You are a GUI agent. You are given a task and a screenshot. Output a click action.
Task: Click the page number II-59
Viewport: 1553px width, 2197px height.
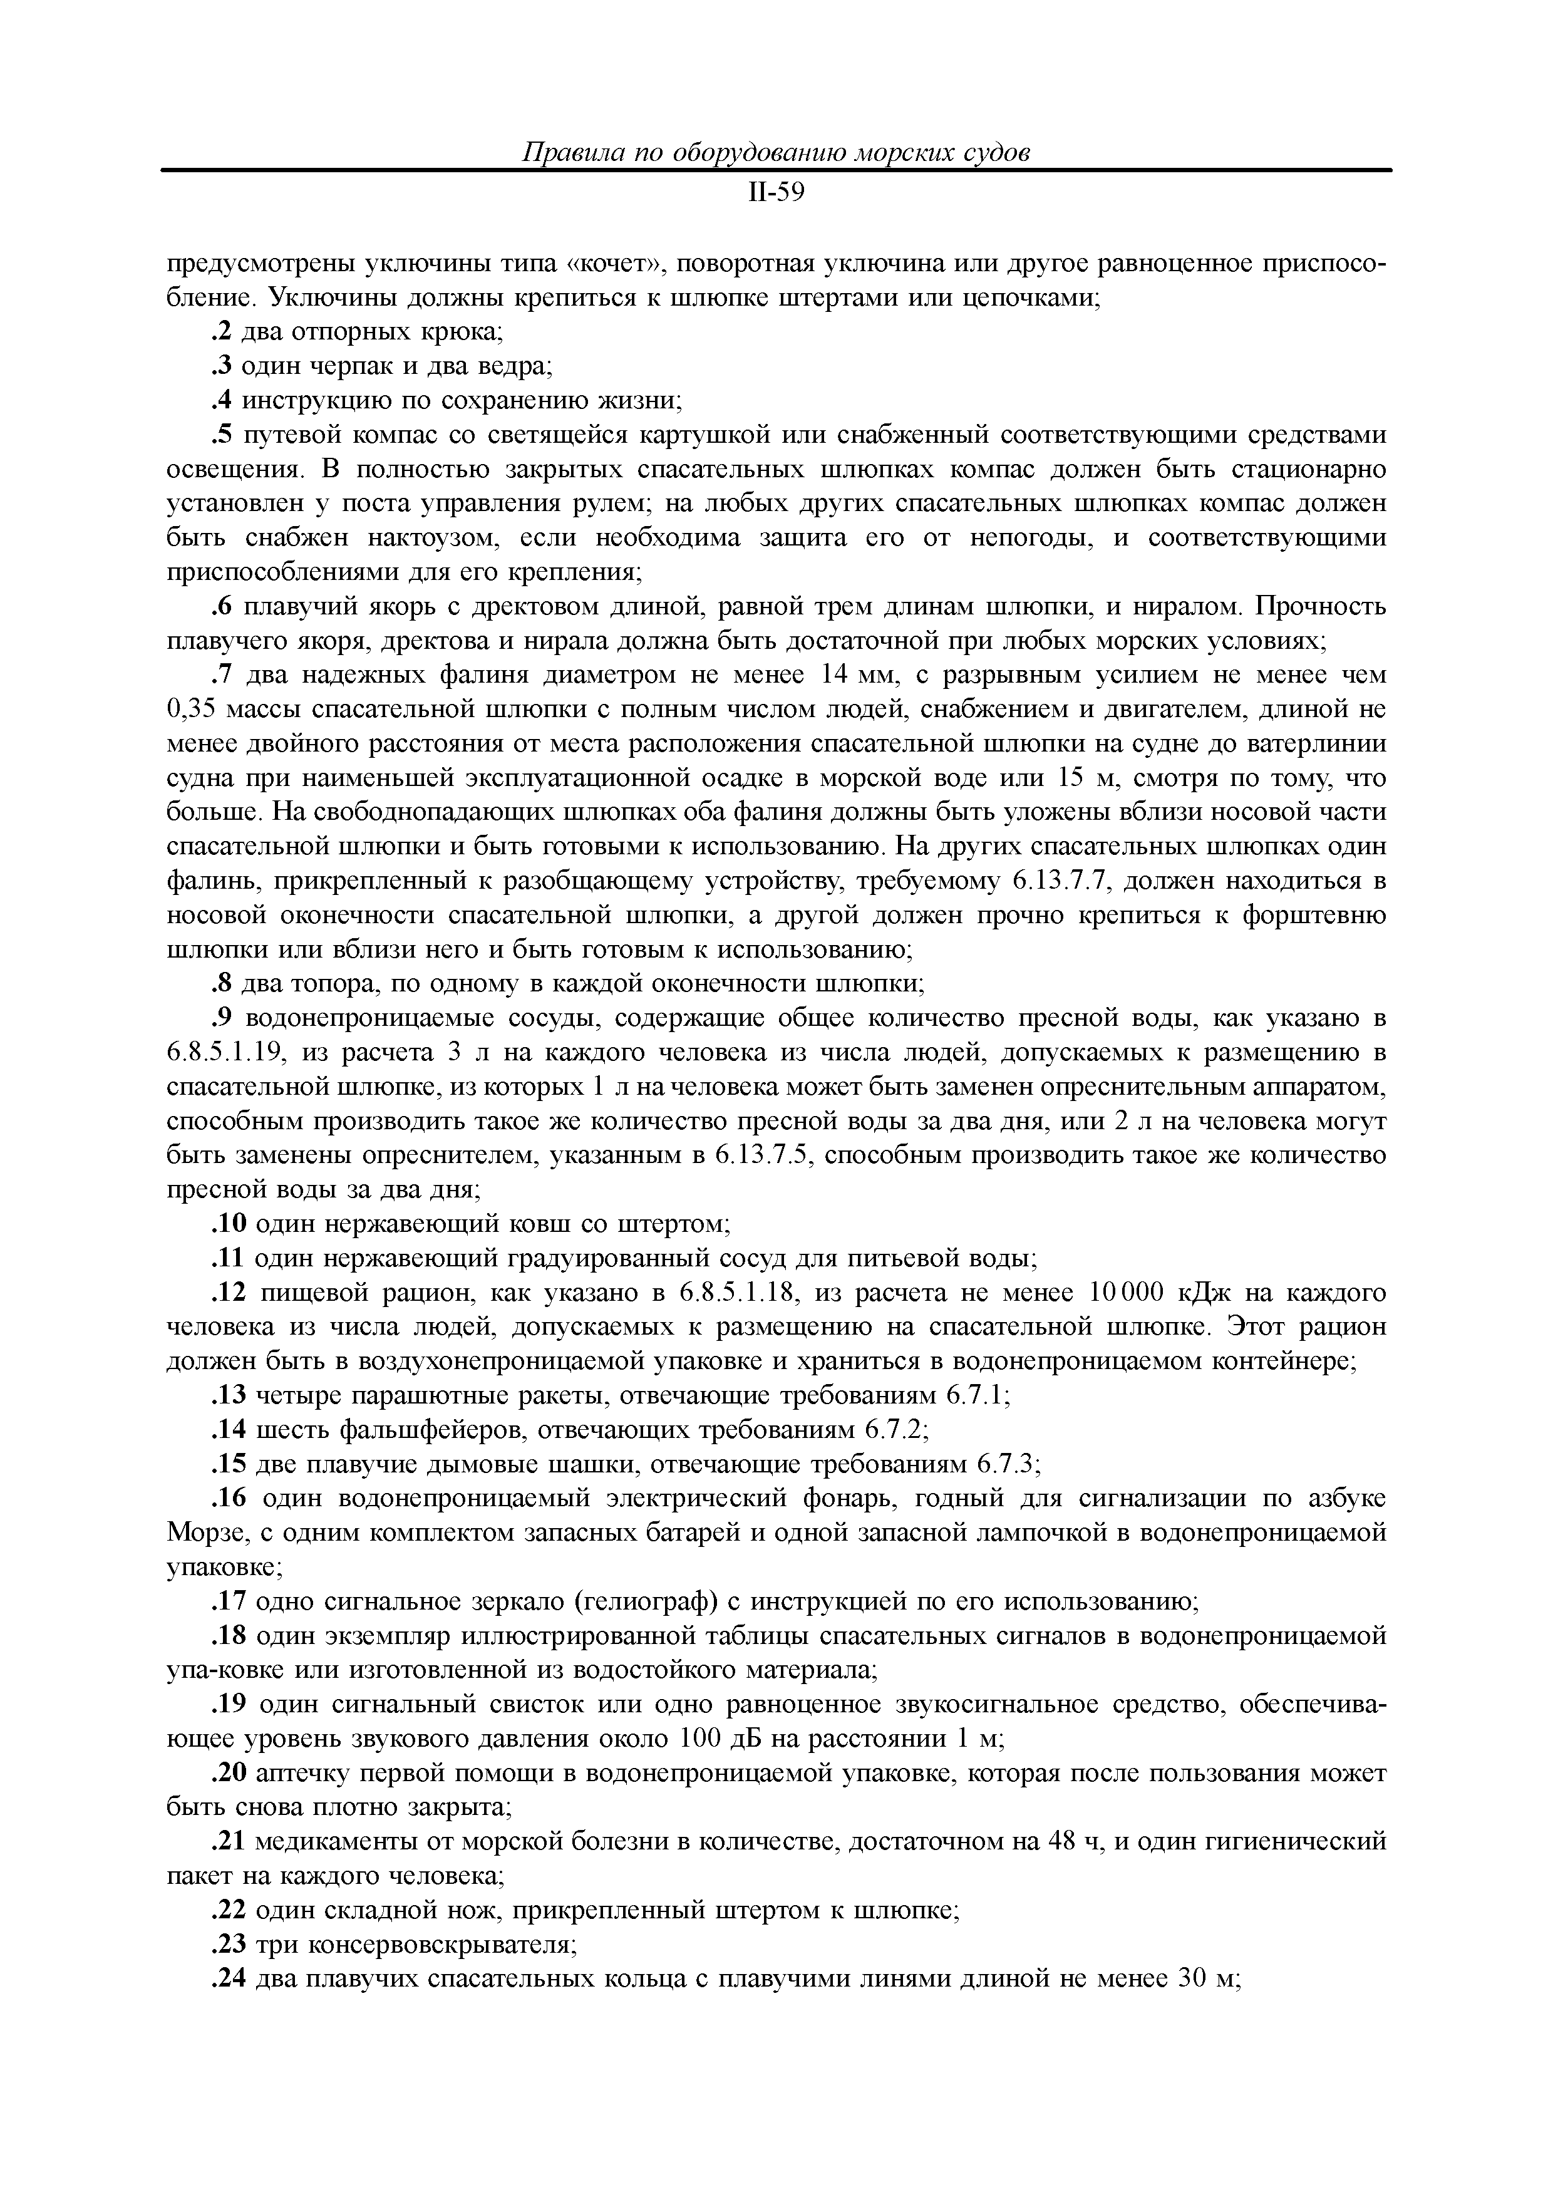[x=776, y=194]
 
